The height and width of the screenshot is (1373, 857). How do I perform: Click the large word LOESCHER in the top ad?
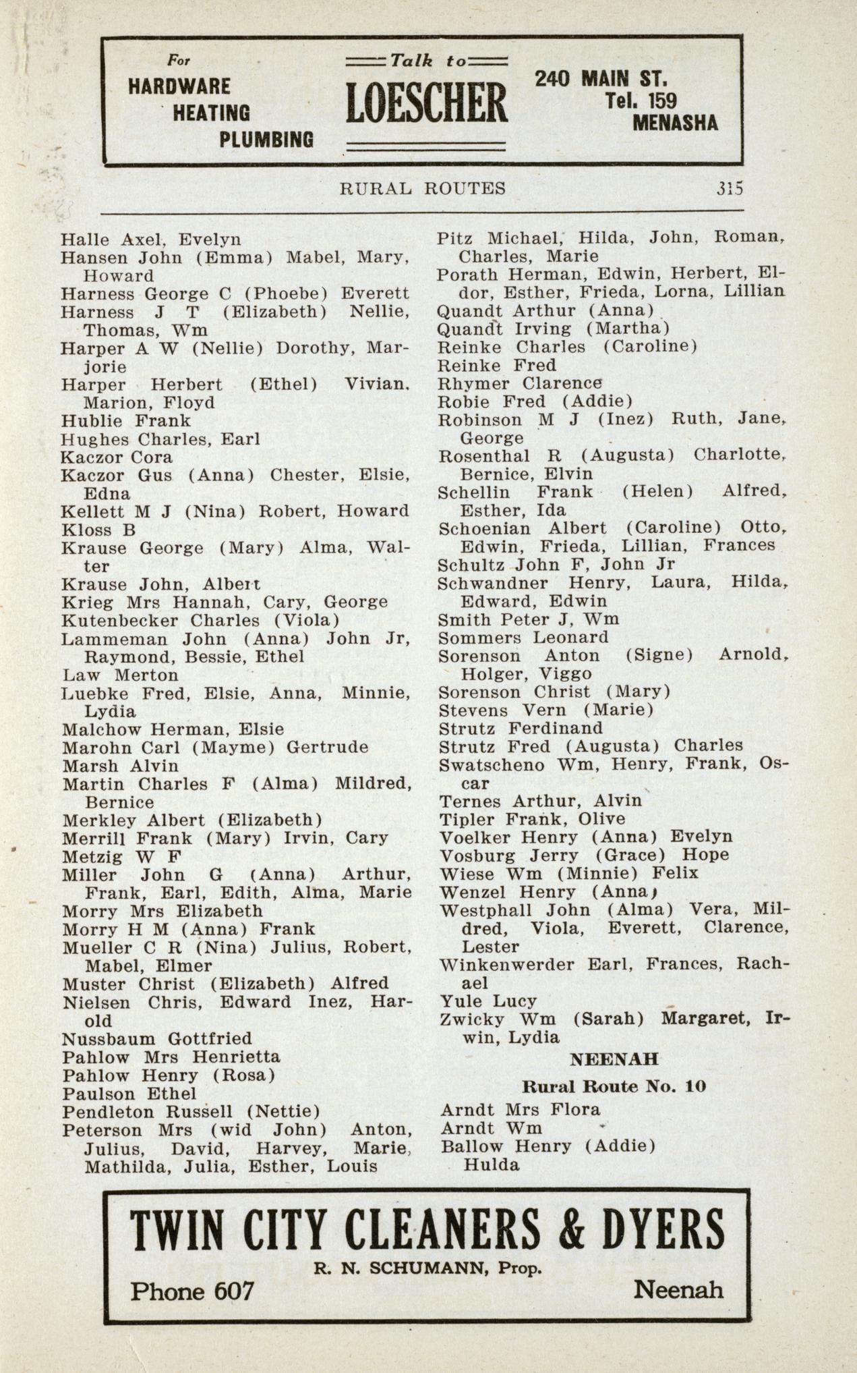pyautogui.click(x=425, y=103)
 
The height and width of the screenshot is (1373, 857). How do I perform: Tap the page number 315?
pyautogui.click(x=730, y=188)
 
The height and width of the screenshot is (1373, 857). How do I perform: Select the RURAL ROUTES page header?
pyautogui.click(x=422, y=188)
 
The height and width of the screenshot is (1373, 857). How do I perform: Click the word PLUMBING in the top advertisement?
pyautogui.click(x=266, y=140)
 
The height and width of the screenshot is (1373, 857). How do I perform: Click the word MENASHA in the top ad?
pyautogui.click(x=675, y=123)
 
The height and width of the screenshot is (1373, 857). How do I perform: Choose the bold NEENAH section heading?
pyautogui.click(x=614, y=1059)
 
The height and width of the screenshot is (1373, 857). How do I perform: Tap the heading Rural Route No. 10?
pyautogui.click(x=614, y=1086)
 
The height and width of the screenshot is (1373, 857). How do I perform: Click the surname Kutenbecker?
pyautogui.click(x=120, y=620)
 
